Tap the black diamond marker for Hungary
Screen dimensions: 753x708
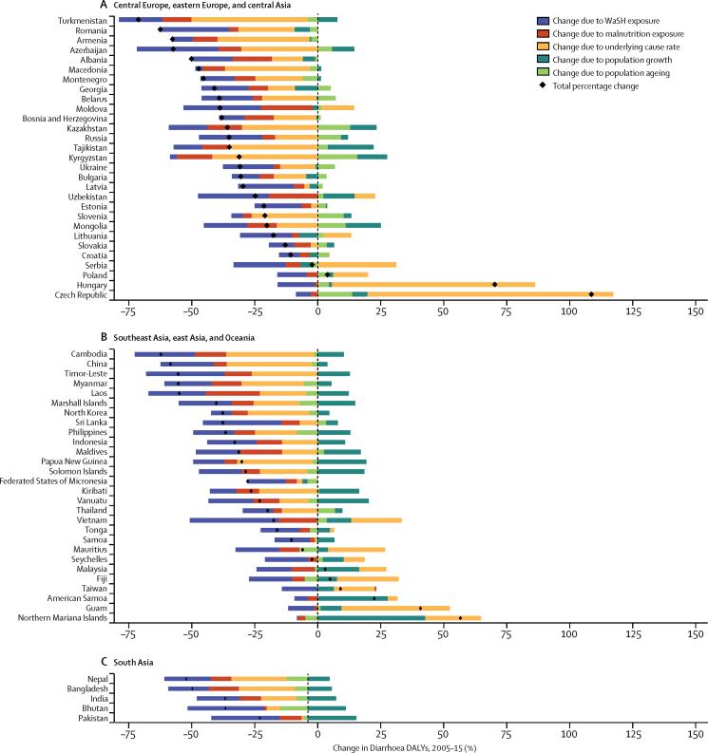pyautogui.click(x=494, y=284)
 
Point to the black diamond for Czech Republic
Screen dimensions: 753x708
pyautogui.click(x=591, y=294)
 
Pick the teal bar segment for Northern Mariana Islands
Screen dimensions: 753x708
pyautogui.click(x=372, y=618)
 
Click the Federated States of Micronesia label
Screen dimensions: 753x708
pyautogui.click(x=59, y=481)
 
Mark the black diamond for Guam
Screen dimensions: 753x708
pyautogui.click(x=420, y=608)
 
